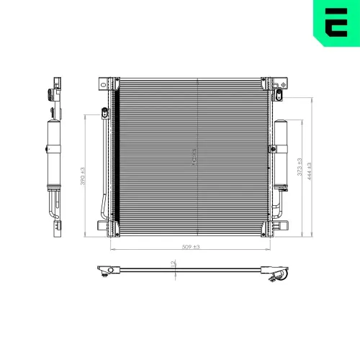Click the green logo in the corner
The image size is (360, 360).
click(336, 24)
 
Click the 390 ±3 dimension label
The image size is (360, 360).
click(84, 175)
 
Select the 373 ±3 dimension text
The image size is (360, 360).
click(300, 169)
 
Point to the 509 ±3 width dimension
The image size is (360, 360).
click(191, 247)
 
